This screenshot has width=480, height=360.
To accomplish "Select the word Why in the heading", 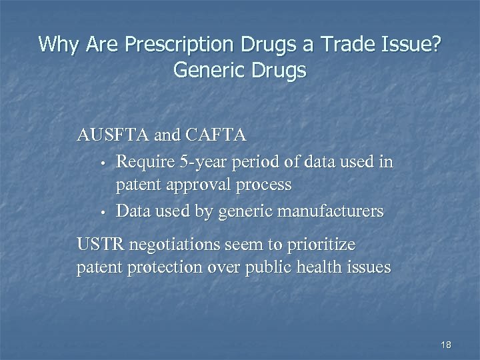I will [56, 45].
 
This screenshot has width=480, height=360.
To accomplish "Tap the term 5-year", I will [198, 161].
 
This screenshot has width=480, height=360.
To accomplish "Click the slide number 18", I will [446, 344].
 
